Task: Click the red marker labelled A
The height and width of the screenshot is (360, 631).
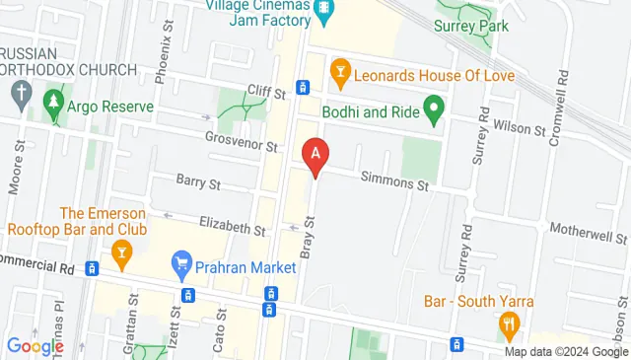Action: tap(315, 156)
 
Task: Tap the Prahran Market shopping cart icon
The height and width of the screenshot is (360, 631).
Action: tap(181, 263)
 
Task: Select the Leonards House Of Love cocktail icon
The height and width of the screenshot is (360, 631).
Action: tap(340, 70)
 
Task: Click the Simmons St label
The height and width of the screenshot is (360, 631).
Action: tap(394, 183)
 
